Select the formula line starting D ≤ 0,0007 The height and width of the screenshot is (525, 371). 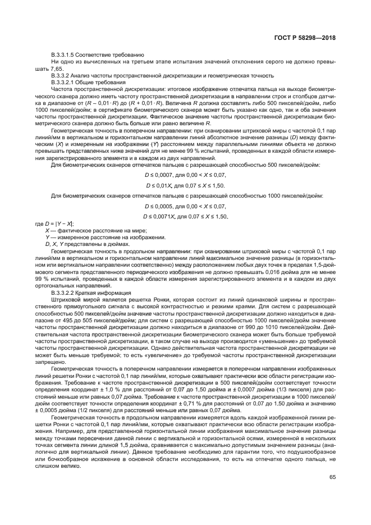coord(185,175)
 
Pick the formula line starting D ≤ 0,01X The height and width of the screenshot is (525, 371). coord(185,185)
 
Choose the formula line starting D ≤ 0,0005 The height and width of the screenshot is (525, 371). coord(185,206)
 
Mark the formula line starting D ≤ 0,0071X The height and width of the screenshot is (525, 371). coord(186,216)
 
